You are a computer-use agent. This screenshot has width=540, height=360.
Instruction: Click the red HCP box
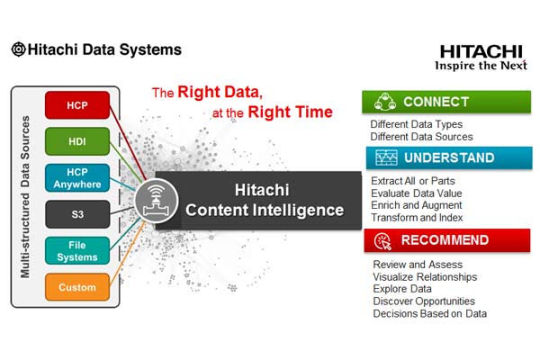coord(77,105)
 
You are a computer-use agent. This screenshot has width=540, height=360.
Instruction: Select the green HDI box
coord(77,141)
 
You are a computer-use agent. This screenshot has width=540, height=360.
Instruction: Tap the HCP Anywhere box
coord(77,178)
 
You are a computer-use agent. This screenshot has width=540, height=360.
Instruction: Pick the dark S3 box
coord(77,214)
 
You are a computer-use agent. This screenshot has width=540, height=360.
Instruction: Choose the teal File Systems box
coord(77,251)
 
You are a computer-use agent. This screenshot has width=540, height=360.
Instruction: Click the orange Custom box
coord(77,287)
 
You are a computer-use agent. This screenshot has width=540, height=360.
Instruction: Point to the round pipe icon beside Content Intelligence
coord(157,201)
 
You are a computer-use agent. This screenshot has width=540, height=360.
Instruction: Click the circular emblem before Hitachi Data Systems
coord(18,49)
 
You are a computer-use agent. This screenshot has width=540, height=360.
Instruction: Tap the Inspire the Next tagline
coord(481,66)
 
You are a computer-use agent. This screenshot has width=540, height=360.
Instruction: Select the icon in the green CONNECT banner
coord(385,102)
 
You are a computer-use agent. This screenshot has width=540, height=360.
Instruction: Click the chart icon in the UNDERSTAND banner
coord(386,157)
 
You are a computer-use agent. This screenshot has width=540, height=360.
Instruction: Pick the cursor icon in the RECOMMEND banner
coord(383,241)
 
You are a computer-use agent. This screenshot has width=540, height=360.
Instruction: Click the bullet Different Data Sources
coord(421,137)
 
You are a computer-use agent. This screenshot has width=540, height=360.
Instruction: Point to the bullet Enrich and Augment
coord(417,205)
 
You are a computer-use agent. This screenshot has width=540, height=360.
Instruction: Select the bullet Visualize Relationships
coord(425,277)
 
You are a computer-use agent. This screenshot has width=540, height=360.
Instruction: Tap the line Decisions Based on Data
coord(430,314)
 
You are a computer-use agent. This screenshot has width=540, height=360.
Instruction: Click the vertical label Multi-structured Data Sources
coord(25,197)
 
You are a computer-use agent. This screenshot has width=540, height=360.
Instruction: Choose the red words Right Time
coord(291,112)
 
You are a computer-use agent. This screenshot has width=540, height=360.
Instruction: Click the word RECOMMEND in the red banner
coord(445,240)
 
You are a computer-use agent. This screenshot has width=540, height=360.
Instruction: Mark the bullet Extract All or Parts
coord(413,181)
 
